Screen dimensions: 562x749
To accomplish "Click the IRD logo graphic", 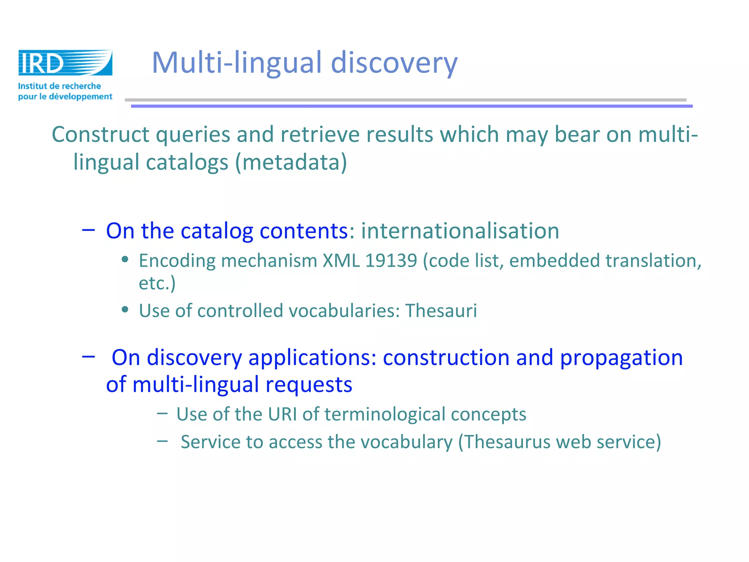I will (x=65, y=63).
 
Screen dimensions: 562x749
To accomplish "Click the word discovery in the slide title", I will (x=394, y=63).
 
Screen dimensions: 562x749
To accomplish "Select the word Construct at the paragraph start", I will (x=100, y=134).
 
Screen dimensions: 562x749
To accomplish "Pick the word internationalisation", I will (x=460, y=231).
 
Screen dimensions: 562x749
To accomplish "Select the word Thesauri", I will (x=441, y=311).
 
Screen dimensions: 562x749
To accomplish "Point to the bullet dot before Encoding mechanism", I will (x=125, y=260).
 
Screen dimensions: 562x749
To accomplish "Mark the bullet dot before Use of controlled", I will (x=125, y=310).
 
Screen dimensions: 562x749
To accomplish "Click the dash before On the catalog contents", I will (x=89, y=230).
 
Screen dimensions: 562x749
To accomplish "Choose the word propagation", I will (x=621, y=357).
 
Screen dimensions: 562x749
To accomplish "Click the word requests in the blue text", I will (x=309, y=385).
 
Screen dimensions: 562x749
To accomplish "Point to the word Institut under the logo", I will (x=33, y=86).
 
